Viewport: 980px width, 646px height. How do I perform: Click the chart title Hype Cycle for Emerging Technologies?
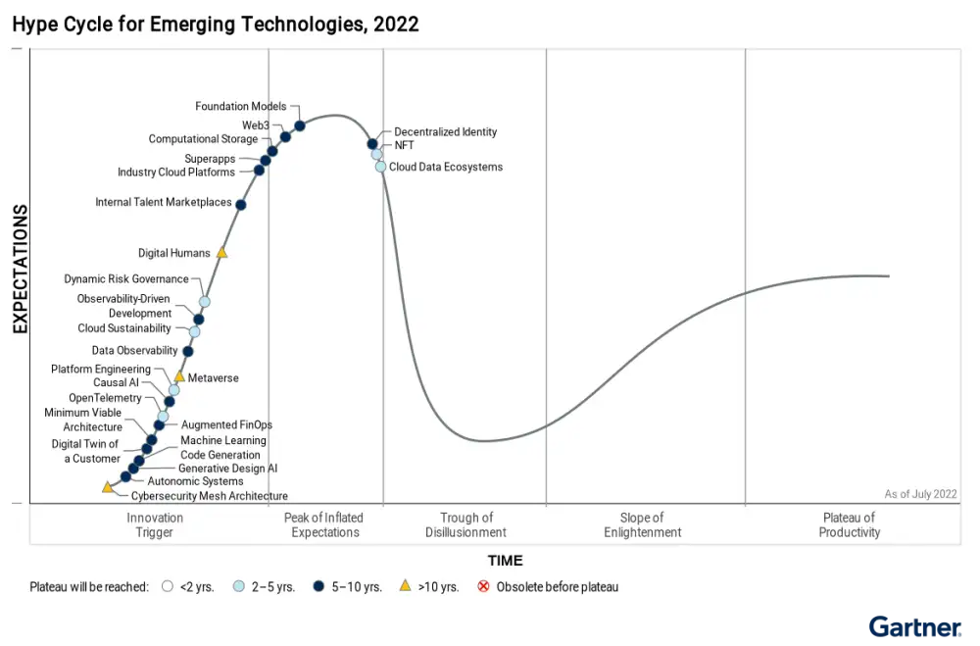click(216, 24)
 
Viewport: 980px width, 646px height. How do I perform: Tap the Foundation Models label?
click(240, 106)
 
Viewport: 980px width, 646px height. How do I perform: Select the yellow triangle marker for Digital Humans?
click(221, 253)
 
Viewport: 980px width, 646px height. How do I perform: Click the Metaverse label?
click(213, 377)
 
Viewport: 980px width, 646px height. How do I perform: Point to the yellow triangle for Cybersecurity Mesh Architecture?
click(108, 487)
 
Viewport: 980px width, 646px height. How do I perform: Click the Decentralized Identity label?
click(445, 131)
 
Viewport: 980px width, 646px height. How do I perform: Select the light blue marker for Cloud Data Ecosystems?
click(380, 167)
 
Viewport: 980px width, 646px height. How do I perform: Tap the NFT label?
click(404, 145)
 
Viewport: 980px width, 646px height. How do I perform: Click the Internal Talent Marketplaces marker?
click(241, 204)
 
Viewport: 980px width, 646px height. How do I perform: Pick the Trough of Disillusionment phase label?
click(465, 524)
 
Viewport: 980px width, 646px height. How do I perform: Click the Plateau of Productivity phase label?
click(849, 524)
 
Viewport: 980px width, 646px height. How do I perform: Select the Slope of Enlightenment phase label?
click(642, 524)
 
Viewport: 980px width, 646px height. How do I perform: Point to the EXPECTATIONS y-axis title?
click(20, 270)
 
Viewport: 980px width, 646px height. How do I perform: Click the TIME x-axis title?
click(505, 561)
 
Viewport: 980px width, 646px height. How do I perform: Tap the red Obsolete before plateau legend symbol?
click(483, 586)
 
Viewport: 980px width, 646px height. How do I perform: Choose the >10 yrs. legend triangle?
click(405, 586)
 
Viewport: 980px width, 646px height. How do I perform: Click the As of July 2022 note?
click(920, 494)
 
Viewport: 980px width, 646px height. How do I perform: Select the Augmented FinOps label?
click(226, 424)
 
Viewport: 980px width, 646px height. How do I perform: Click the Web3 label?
click(256, 125)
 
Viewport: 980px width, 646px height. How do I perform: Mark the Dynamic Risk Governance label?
click(126, 278)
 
